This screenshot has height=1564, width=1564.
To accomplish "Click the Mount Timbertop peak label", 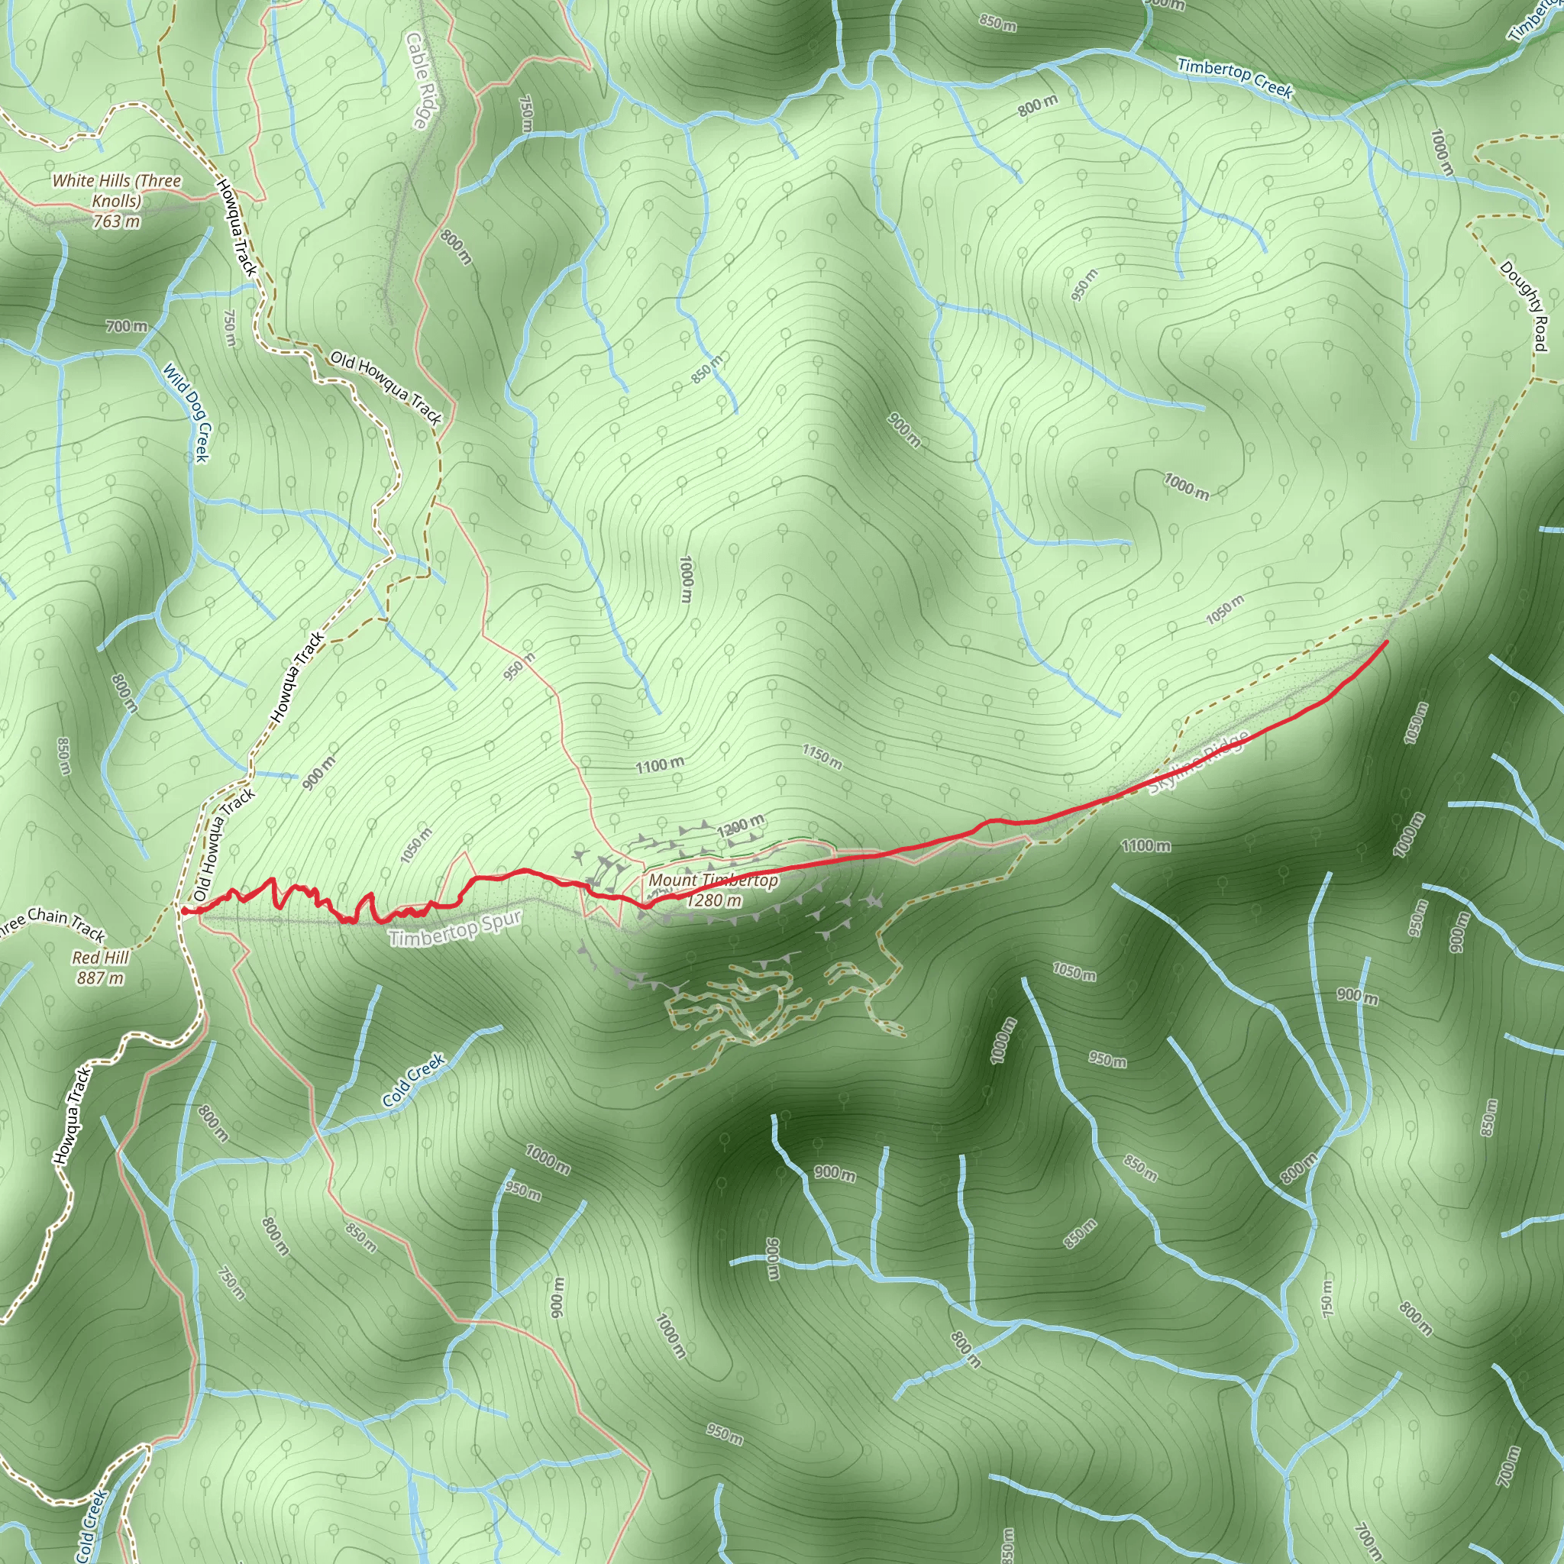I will [713, 880].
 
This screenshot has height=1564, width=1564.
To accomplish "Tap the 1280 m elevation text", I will [713, 900].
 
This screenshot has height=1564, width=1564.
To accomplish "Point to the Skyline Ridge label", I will [1199, 763].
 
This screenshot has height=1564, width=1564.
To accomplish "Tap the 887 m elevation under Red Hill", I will [100, 978].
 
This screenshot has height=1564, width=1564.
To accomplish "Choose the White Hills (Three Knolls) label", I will [117, 190].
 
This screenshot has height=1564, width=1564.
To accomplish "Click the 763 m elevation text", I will [117, 221].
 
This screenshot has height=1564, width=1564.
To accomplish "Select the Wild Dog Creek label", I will [187, 413].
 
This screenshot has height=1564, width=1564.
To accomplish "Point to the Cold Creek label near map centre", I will [413, 1080].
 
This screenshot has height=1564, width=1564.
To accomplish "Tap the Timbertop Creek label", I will [1235, 78].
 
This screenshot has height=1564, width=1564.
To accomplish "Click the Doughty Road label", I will [1524, 306].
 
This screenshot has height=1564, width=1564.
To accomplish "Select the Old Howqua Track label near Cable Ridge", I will [386, 388].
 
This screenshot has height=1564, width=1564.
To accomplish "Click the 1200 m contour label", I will [740, 826].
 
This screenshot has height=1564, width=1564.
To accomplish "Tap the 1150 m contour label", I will [822, 757].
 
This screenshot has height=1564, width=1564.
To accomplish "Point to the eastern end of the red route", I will [1386, 642].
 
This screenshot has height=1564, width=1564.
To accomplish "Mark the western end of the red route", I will [185, 911].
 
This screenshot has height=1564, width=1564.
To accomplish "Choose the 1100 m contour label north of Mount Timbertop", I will [659, 765].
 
